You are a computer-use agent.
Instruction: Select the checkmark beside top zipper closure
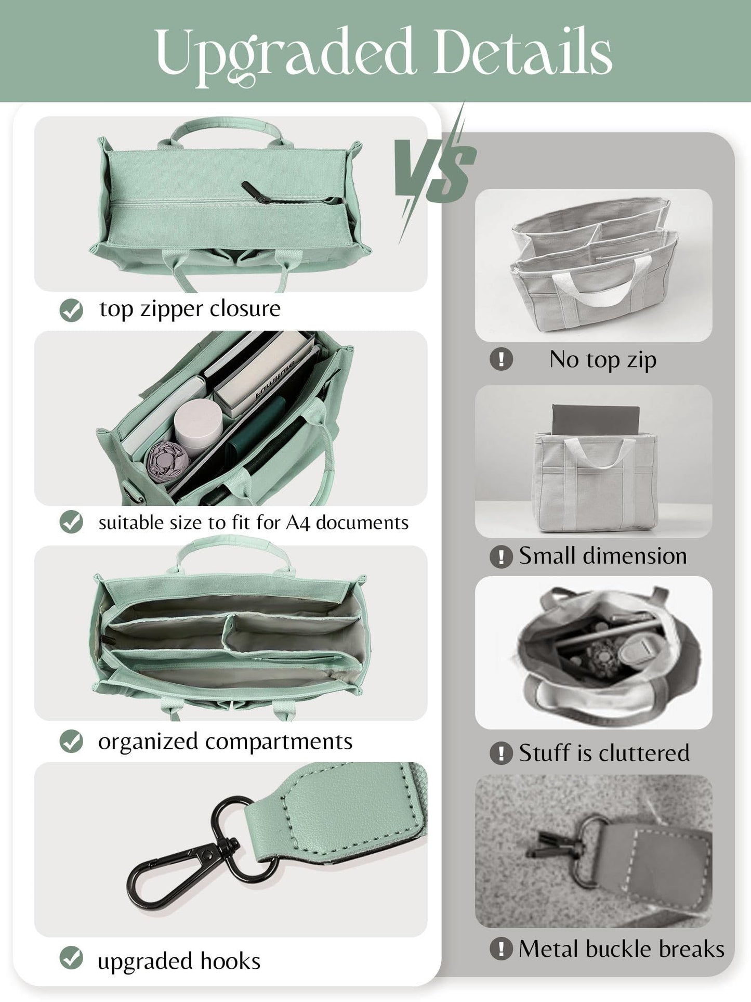tap(71, 310)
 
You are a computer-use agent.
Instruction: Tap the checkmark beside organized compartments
tap(71, 741)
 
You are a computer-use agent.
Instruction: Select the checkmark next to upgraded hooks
tap(71, 958)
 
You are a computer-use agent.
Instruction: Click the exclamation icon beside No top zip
tap(501, 359)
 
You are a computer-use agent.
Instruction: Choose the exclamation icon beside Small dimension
tap(501, 557)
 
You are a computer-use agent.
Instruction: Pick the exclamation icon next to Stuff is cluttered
tap(501, 753)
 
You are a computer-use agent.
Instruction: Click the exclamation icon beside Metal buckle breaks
tap(501, 949)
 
